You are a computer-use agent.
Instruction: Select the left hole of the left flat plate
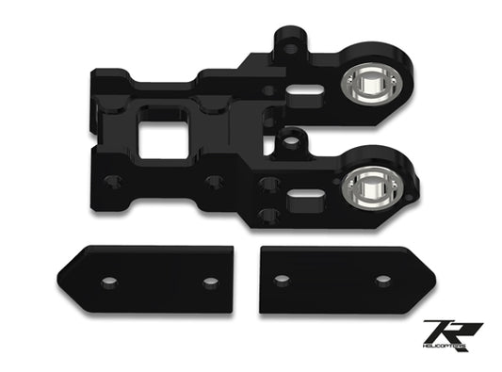tap(109, 282)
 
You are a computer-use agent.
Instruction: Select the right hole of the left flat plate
tap(209, 282)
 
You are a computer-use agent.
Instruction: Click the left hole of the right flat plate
tap(282, 280)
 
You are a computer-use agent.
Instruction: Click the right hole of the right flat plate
tap(382, 280)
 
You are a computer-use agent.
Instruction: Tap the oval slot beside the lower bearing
tap(304, 194)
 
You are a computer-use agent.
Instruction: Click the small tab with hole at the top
tap(290, 45)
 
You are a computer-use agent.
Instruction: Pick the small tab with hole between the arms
tap(291, 141)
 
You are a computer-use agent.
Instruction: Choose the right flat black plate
tap(344, 279)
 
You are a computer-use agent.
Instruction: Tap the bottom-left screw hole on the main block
tap(113, 181)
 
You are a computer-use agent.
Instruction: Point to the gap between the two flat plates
tap(247, 280)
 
